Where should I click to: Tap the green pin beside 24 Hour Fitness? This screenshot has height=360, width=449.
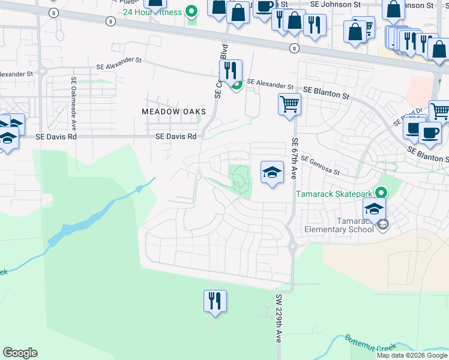tap(191, 11)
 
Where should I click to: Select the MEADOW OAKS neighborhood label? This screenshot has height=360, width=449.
tap(173, 112)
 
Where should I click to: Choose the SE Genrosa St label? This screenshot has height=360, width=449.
tap(321, 165)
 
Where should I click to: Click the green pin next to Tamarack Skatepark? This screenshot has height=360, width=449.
tap(380, 193)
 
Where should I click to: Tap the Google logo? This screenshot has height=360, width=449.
tap(20, 353)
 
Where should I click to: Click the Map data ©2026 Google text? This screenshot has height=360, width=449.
tap(411, 355)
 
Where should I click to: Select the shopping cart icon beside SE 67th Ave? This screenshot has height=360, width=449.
tap(289, 104)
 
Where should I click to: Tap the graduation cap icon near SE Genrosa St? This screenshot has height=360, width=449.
tap(272, 172)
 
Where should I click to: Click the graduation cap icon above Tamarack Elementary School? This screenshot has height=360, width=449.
tap(374, 209)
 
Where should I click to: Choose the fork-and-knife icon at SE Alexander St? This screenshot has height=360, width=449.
tap(231, 71)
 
